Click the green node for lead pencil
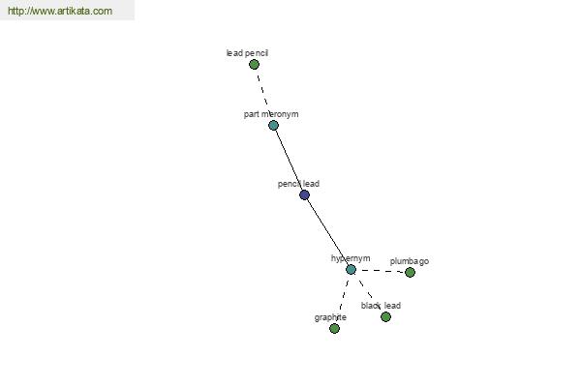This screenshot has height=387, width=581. (254, 65)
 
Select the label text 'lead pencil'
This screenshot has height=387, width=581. (247, 53)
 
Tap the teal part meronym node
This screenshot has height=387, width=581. (273, 125)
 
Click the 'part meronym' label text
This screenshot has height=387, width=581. (271, 114)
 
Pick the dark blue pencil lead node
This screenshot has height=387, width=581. (304, 194)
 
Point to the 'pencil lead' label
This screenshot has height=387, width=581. (298, 184)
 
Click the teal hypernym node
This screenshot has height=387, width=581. (351, 269)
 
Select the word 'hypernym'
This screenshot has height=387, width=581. (351, 258)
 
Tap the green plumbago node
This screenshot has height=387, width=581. (410, 272)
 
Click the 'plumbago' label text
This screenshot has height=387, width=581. (410, 261)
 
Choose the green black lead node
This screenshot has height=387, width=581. (385, 316)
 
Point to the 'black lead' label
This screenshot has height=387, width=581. (381, 306)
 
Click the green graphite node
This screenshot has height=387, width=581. (334, 328)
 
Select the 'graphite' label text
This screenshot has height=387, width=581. (330, 317)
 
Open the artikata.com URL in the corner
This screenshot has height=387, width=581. (60, 11)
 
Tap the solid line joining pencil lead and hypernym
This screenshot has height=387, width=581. (327, 232)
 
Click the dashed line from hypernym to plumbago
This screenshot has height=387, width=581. (381, 271)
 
